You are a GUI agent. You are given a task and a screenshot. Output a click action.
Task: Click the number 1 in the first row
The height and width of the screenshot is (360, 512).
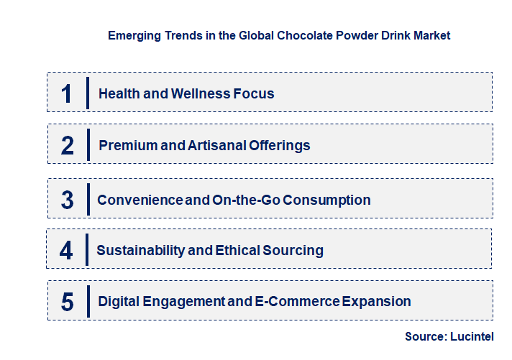pos(67,93)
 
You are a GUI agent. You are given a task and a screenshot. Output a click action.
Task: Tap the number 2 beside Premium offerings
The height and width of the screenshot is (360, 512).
pos(68,146)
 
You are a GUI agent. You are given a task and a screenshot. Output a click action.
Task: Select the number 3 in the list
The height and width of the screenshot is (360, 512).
pos(67,200)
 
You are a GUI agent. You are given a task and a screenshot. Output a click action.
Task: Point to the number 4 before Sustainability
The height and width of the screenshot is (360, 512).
pos(67,250)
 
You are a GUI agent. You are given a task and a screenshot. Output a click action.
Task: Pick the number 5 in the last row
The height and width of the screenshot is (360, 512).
pos(67,302)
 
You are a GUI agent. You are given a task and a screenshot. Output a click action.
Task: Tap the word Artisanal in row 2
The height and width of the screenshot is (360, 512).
pos(216,145)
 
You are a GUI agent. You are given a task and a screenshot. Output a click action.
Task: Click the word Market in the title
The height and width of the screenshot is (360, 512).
pos(431,35)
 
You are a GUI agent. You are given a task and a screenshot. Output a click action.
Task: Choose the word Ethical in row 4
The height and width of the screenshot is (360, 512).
pos(239,250)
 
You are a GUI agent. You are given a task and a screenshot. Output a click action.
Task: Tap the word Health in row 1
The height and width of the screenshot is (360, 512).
pos(118,93)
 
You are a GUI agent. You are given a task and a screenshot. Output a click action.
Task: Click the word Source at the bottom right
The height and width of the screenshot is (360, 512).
pos(424,336)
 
